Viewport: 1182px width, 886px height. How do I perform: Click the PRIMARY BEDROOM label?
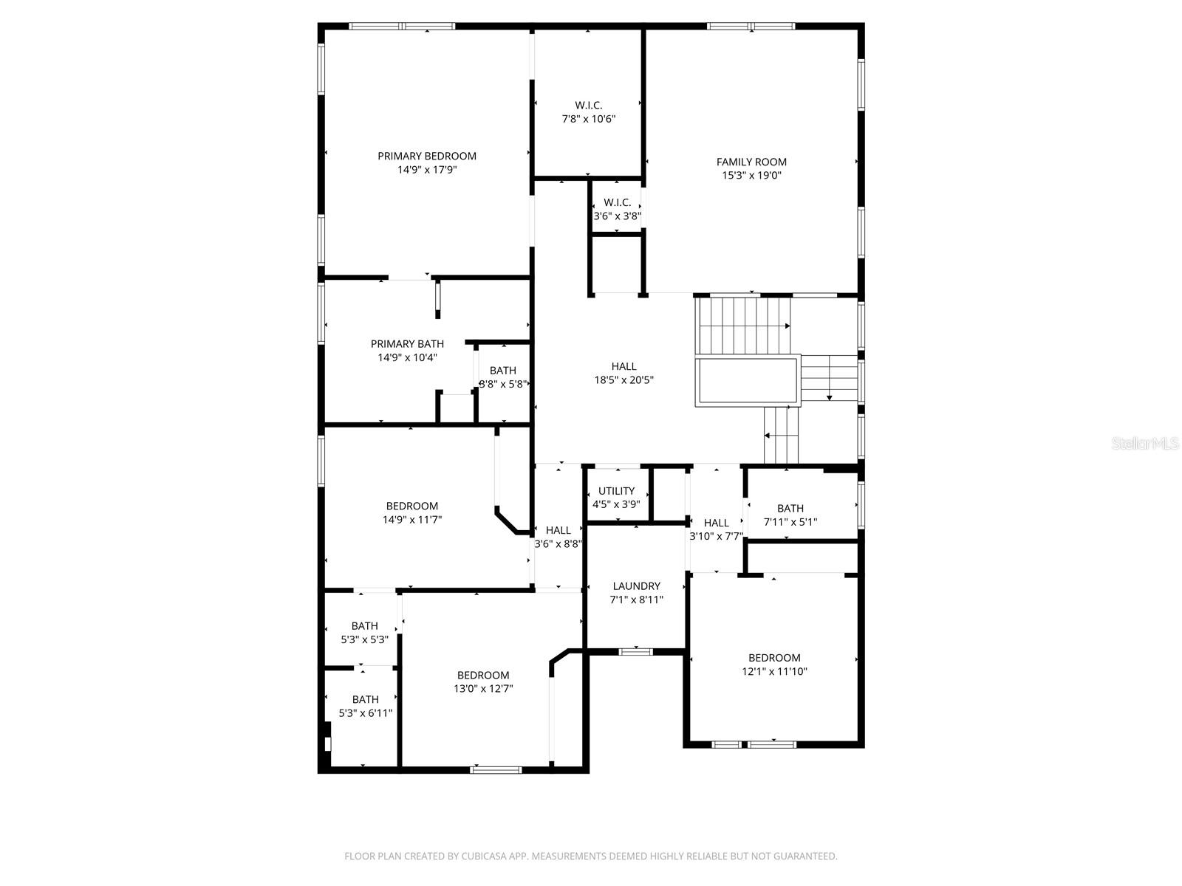[427, 156]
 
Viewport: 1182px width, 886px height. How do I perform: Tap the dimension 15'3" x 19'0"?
[751, 176]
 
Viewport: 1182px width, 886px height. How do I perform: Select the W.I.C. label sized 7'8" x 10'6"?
[589, 106]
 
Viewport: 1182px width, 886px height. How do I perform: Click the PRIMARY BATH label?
[407, 344]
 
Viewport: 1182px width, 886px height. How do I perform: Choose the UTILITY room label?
[616, 491]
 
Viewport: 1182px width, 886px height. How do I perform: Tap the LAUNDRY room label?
[636, 586]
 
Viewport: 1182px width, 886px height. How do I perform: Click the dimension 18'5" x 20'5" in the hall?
[624, 380]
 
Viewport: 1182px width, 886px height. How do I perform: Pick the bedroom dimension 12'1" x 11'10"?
[774, 672]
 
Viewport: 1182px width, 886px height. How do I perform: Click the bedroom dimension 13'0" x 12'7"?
[483, 689]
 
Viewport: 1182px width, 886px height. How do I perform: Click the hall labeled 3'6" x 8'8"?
[558, 537]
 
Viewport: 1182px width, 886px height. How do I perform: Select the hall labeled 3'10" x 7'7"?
[716, 529]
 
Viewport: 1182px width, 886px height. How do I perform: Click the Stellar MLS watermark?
[1144, 444]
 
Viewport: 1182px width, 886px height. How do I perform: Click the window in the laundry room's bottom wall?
[635, 651]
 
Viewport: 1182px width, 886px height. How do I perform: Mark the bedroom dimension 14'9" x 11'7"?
[411, 520]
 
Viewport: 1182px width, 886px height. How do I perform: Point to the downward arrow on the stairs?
[829, 397]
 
